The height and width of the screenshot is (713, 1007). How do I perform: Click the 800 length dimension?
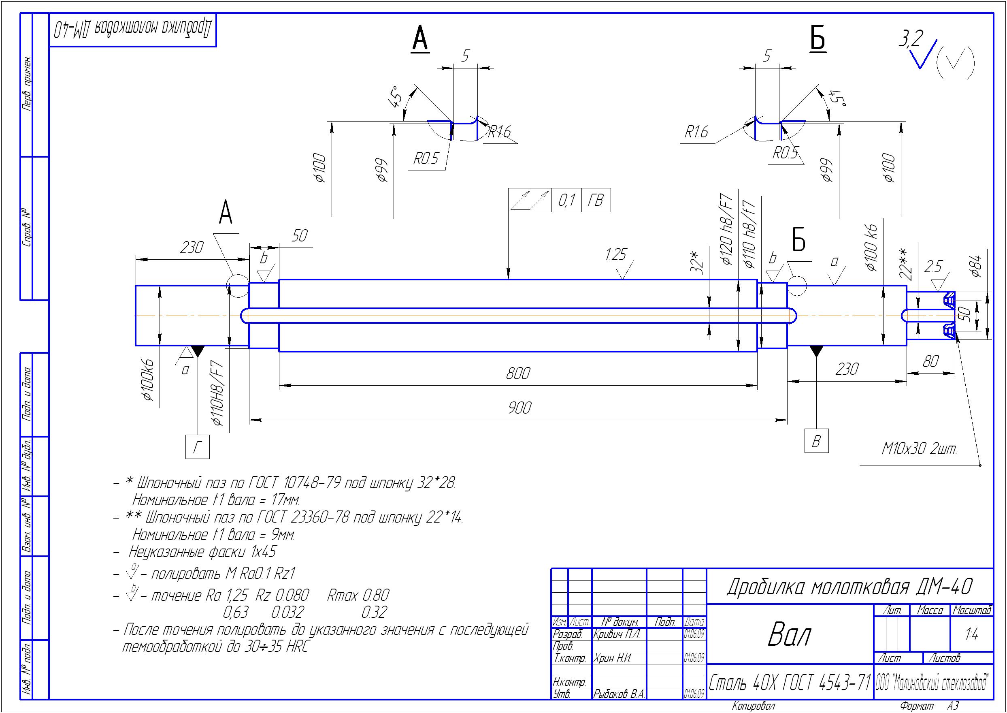[x=518, y=374]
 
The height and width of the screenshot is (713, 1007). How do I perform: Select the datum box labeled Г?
[x=198, y=447]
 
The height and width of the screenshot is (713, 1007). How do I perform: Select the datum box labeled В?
[x=816, y=441]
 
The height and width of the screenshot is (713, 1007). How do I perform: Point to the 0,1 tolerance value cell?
[x=566, y=201]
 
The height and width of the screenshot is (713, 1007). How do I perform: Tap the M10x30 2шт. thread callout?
[x=919, y=449]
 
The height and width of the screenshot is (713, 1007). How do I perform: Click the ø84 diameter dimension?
[x=976, y=266]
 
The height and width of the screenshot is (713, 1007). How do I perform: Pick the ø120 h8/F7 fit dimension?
[x=727, y=230]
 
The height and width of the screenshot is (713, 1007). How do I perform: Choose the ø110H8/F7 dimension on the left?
[x=219, y=393]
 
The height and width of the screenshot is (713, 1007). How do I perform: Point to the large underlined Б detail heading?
[x=818, y=38]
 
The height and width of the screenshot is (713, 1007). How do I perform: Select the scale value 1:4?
[x=971, y=634]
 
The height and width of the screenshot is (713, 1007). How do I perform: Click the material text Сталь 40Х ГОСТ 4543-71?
[x=790, y=682]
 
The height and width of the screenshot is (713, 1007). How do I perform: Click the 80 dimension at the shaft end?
[x=930, y=362]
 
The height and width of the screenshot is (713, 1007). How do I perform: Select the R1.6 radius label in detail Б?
[x=696, y=132]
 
